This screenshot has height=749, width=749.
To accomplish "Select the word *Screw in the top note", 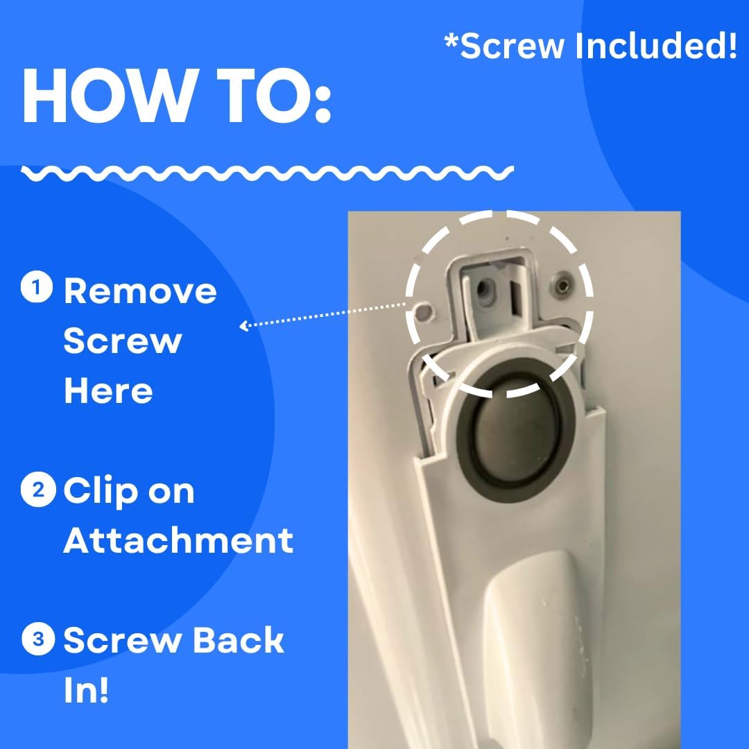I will click(504, 46).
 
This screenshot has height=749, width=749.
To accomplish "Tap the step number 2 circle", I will click(37, 490).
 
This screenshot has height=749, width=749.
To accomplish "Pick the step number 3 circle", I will click(37, 639).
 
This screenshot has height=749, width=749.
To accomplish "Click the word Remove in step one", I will click(140, 291).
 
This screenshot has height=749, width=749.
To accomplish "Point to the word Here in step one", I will click(108, 391).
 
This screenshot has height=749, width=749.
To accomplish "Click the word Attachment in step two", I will click(178, 540).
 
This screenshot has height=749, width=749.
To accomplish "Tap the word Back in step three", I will click(239, 640).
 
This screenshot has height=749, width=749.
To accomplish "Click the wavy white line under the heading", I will click(267, 173).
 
